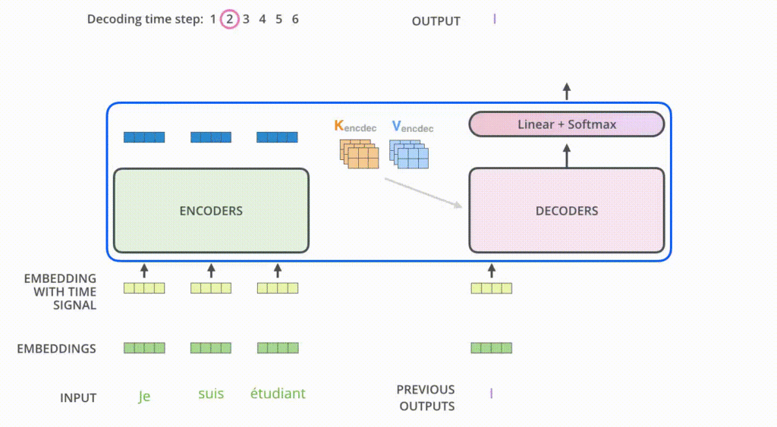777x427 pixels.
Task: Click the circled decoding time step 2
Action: pos(229,20)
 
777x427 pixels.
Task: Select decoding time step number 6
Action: pos(295,20)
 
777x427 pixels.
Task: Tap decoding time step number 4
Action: pos(262,20)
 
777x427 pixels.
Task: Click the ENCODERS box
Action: pos(211,210)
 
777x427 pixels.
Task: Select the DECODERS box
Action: pos(567,210)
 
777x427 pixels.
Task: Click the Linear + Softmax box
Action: pos(567,124)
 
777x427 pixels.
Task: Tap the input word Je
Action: pos(144,395)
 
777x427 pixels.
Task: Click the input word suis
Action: pos(211,394)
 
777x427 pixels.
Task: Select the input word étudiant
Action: pos(278,394)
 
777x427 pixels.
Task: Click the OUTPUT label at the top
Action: pos(436,21)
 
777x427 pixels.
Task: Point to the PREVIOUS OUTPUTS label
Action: pos(425,397)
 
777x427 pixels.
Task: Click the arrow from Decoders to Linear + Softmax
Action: pos(567,155)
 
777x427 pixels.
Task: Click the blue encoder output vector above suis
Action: pos(211,137)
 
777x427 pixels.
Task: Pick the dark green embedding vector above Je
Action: pos(144,348)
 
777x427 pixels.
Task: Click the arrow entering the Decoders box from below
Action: pos(491,270)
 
